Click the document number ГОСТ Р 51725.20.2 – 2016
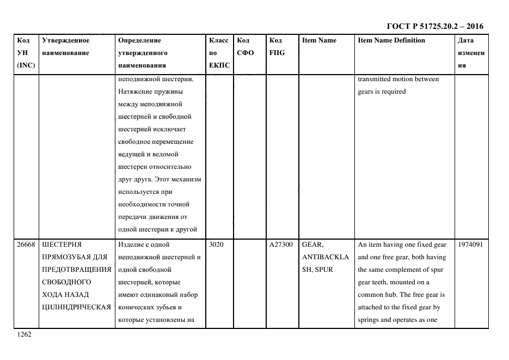434,26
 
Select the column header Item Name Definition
391,40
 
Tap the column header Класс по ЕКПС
219,53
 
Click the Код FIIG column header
277,46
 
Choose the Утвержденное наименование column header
66,46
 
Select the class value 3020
216,245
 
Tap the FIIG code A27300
281,245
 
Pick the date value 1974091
470,245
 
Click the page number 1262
25,334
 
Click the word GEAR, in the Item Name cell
312,245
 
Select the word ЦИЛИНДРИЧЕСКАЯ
76,307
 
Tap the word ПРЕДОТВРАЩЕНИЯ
76,270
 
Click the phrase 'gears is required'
382,91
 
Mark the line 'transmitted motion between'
398,79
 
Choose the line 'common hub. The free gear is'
401,295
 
